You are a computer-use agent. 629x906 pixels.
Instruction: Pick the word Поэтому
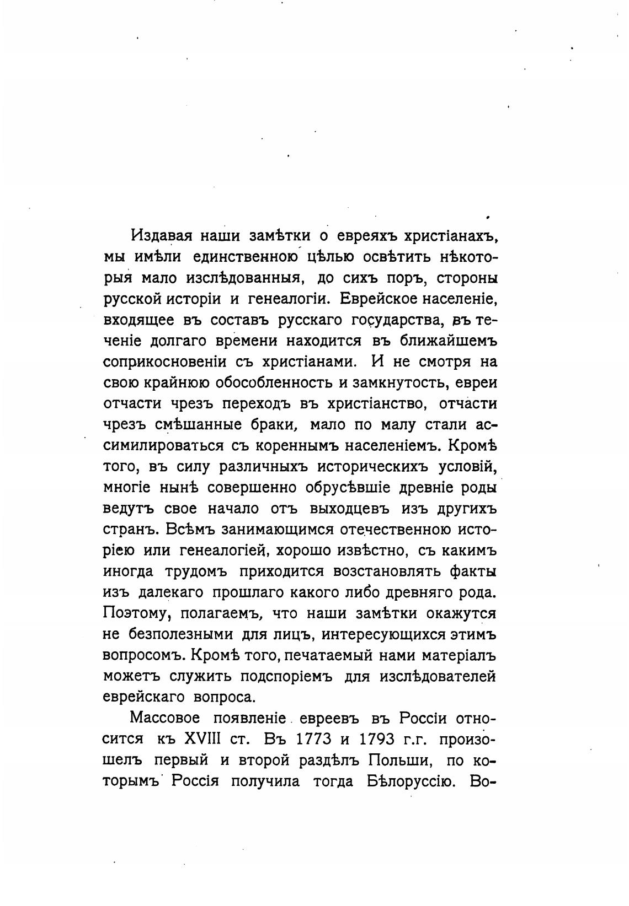130,613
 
